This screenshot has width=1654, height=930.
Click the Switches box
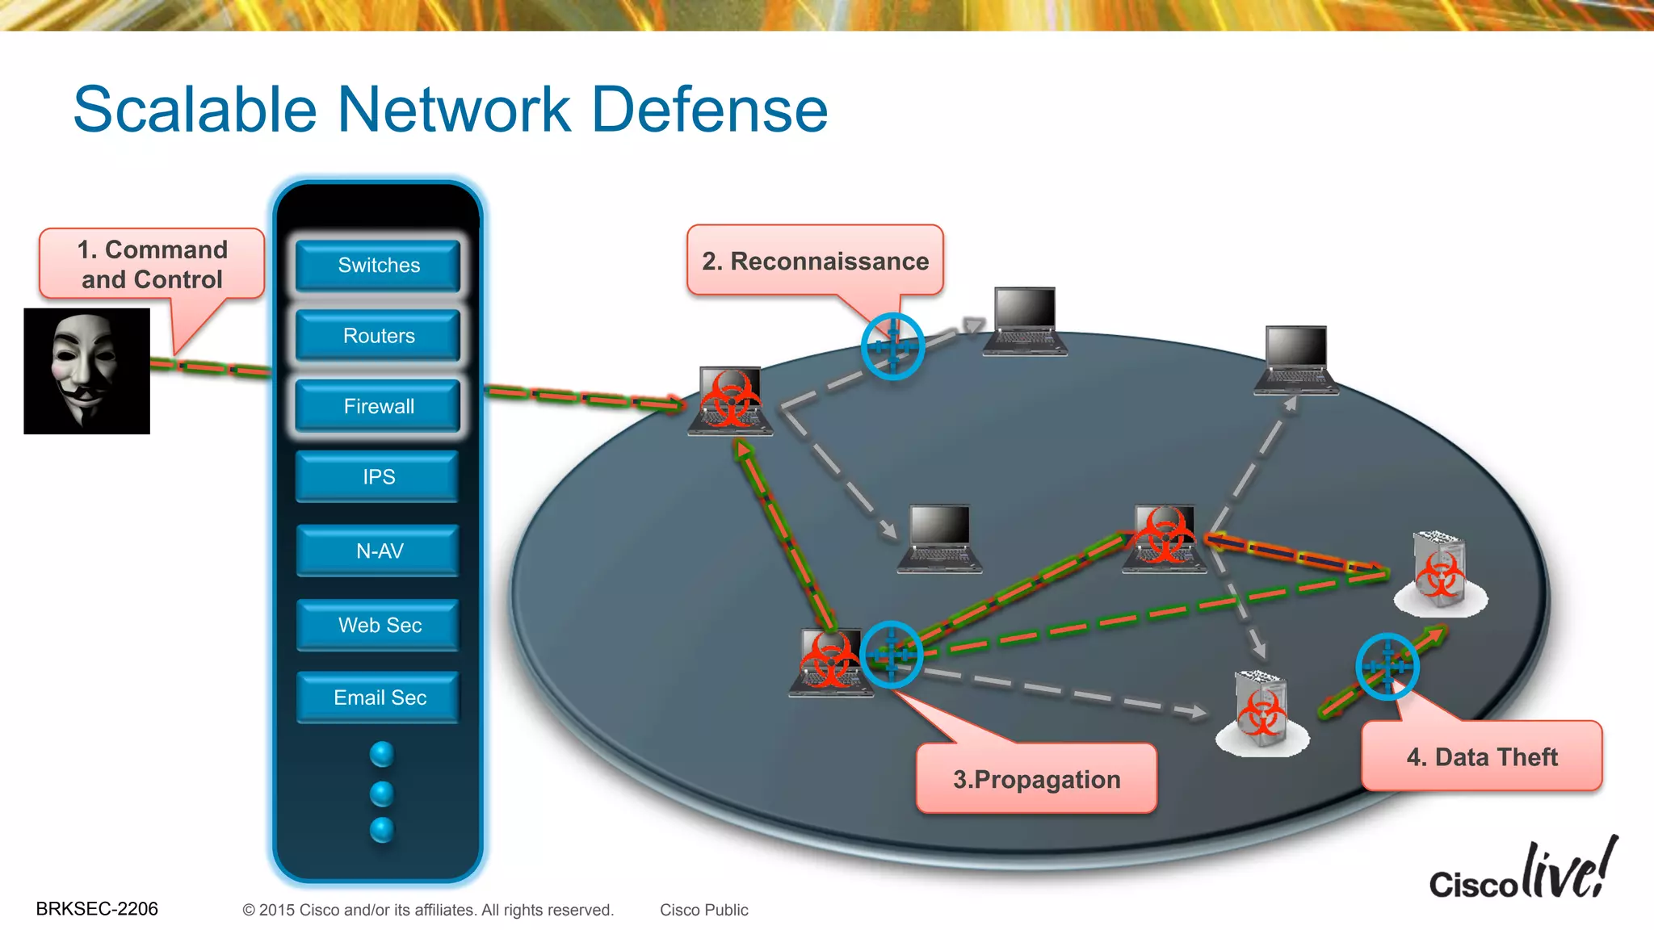point(378,266)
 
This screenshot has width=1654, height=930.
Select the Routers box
point(378,336)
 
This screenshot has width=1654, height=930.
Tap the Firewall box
point(378,406)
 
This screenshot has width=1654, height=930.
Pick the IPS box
point(378,477)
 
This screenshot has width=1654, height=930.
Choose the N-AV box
point(378,551)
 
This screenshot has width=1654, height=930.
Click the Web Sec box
point(378,625)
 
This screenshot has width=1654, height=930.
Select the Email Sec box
point(378,697)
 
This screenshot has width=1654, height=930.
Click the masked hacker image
point(86,371)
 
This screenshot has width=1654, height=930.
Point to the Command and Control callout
point(152,264)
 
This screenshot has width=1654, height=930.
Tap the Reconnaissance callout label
point(815,261)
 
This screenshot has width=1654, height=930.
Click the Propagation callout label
point(1036,779)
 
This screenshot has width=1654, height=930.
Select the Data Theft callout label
point(1481,756)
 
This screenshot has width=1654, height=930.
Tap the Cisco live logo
point(1523,872)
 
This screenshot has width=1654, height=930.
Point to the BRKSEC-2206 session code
point(97,909)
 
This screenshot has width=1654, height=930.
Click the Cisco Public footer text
point(703,910)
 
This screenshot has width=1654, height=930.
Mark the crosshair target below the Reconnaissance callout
point(892,346)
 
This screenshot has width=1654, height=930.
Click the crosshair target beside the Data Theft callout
point(1387,667)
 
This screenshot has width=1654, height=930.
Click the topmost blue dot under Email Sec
point(382,754)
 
